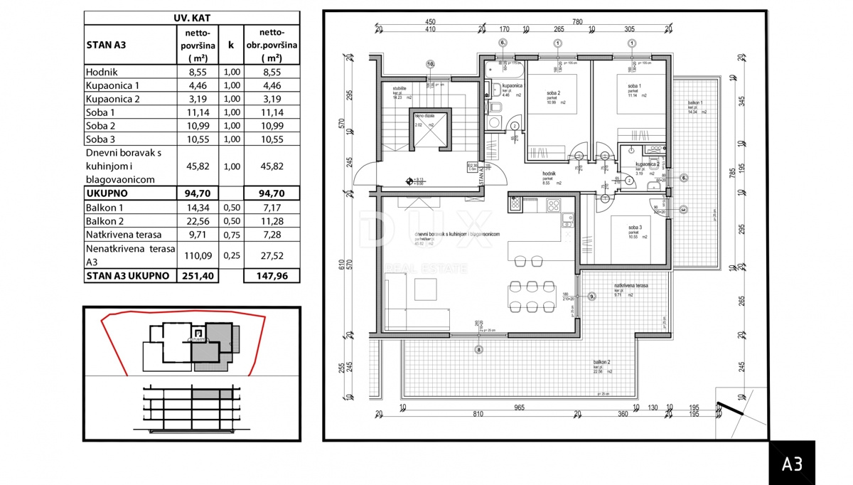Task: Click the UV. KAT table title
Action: click(191, 18)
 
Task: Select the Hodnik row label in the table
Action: click(102, 72)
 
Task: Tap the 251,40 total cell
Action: click(197, 276)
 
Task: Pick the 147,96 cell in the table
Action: click(271, 276)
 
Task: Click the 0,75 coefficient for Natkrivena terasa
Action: click(231, 235)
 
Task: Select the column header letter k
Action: click(231, 45)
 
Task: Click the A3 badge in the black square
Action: click(792, 464)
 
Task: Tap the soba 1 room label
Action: click(634, 87)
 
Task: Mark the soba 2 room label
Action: click(554, 94)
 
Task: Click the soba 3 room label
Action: click(635, 228)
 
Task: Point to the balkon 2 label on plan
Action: click(603, 362)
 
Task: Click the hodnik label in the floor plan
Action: click(548, 174)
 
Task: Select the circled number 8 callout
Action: click(479, 349)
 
